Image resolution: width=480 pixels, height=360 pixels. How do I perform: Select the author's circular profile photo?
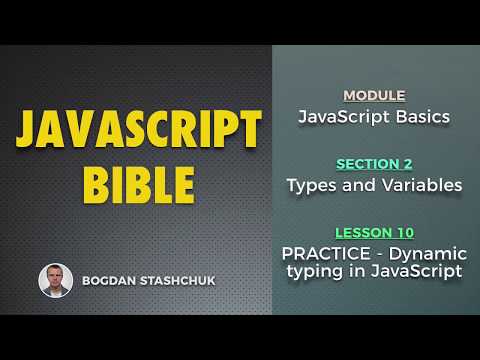55,280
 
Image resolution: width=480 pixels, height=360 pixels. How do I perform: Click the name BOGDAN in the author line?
110,281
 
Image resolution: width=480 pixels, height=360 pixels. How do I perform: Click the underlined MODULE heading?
374,96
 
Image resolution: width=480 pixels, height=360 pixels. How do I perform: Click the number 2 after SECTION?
408,164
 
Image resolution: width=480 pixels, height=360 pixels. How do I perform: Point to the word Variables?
422,185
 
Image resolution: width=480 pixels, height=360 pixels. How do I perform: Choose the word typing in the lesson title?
311,273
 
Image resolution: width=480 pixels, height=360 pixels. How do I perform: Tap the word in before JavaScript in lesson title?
350,273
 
